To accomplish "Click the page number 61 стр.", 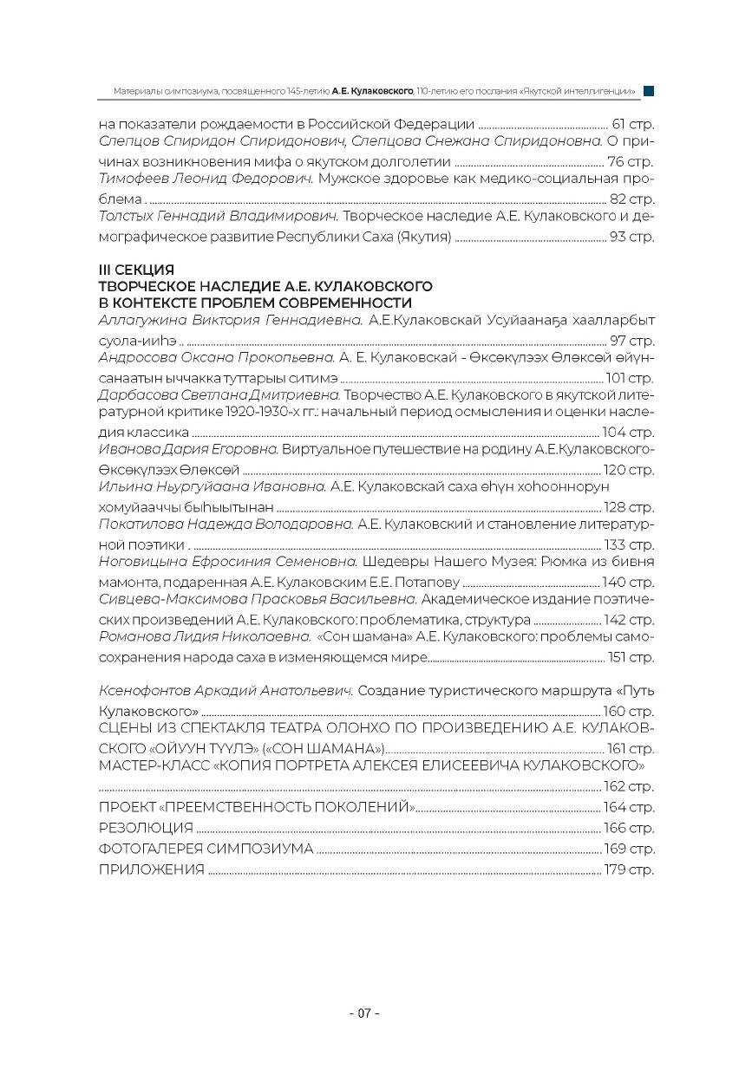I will [632, 124].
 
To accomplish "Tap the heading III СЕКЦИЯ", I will [137, 270].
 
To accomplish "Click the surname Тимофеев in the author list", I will [132, 179].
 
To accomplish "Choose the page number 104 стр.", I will [628, 433].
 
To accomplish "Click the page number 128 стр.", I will [628, 507].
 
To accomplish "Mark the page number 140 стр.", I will [628, 583].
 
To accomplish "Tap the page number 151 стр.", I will [631, 657].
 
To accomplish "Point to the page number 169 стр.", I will [628, 849].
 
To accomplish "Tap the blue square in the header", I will [648, 90].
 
